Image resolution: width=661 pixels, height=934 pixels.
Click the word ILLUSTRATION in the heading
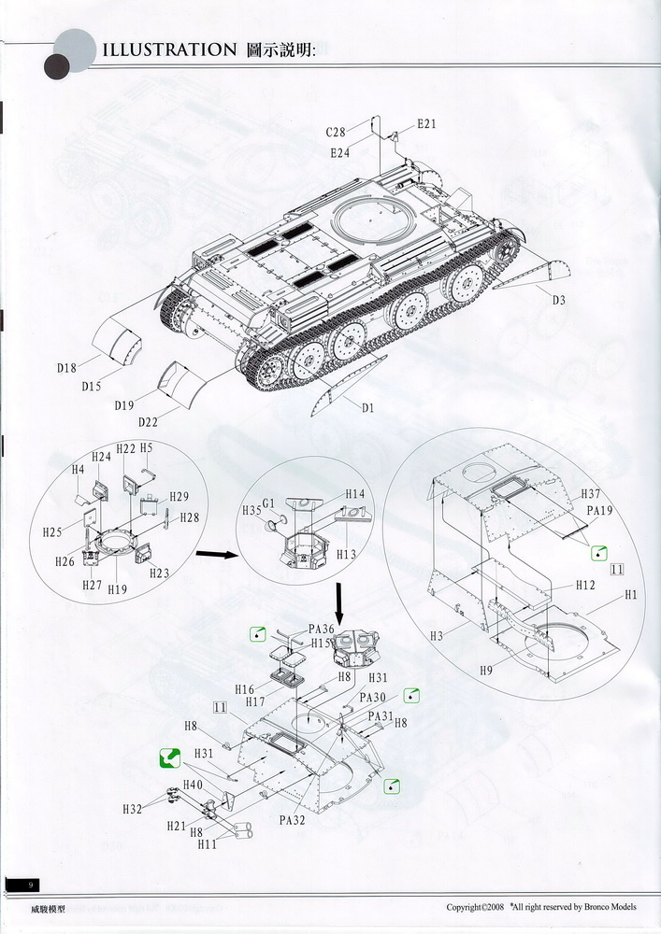(x=169, y=50)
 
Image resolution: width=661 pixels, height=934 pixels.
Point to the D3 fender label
(x=559, y=300)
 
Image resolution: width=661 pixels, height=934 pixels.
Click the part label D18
(x=66, y=368)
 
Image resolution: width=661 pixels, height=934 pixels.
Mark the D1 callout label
(x=366, y=407)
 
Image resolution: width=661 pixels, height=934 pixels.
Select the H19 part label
(x=117, y=589)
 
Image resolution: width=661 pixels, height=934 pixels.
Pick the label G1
(x=269, y=504)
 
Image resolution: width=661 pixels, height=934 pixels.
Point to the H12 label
(x=585, y=585)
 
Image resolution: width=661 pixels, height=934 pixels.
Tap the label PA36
(x=320, y=630)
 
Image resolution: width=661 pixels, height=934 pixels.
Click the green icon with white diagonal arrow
(x=169, y=757)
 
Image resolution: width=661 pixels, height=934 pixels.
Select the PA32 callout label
(x=293, y=821)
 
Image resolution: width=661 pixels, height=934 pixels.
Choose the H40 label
(x=193, y=785)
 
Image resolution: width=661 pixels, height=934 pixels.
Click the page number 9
(x=32, y=884)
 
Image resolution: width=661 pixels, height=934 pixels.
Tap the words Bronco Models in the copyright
(x=614, y=906)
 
